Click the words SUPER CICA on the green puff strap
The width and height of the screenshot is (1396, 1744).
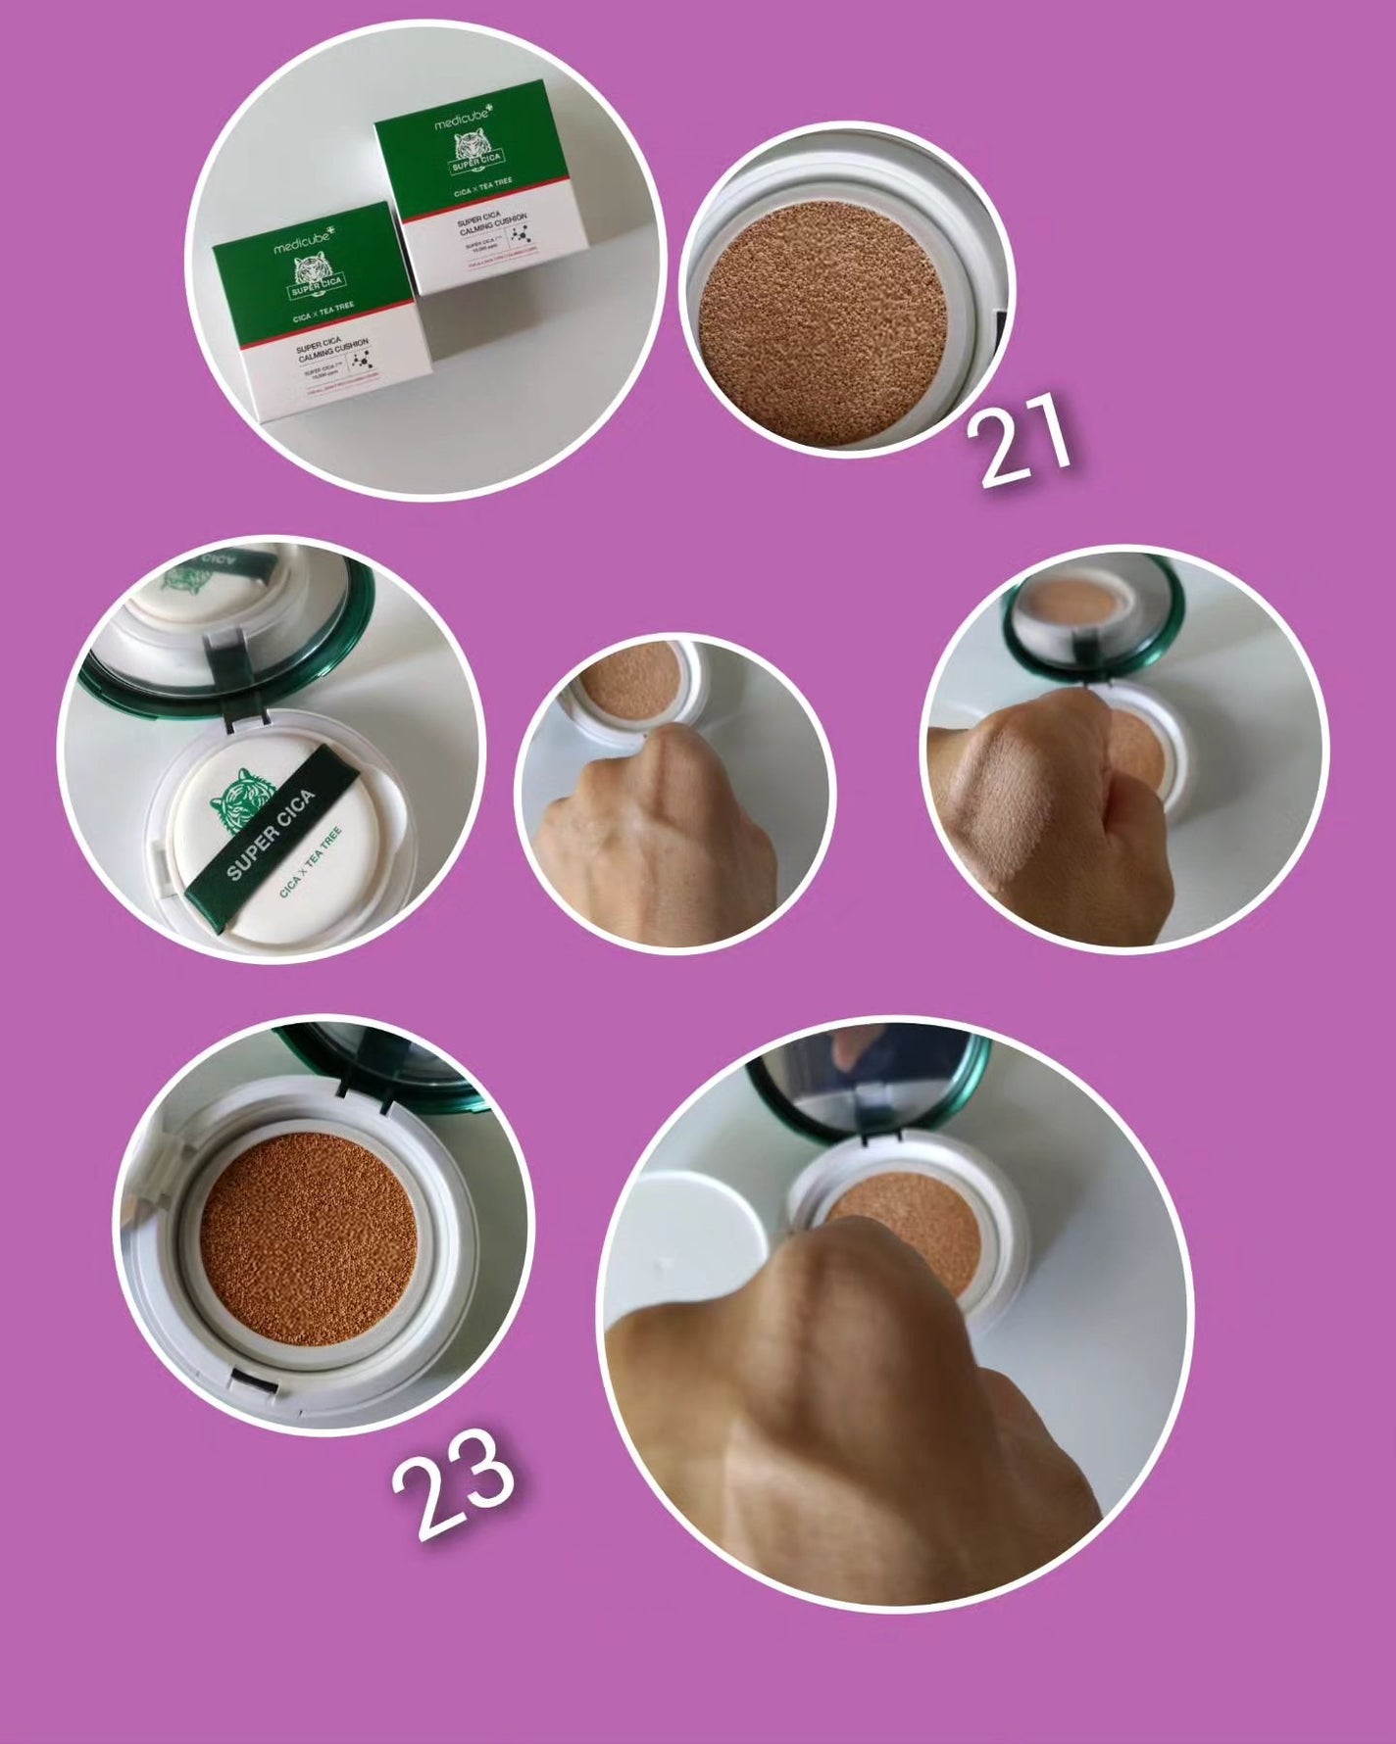click(272, 834)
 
